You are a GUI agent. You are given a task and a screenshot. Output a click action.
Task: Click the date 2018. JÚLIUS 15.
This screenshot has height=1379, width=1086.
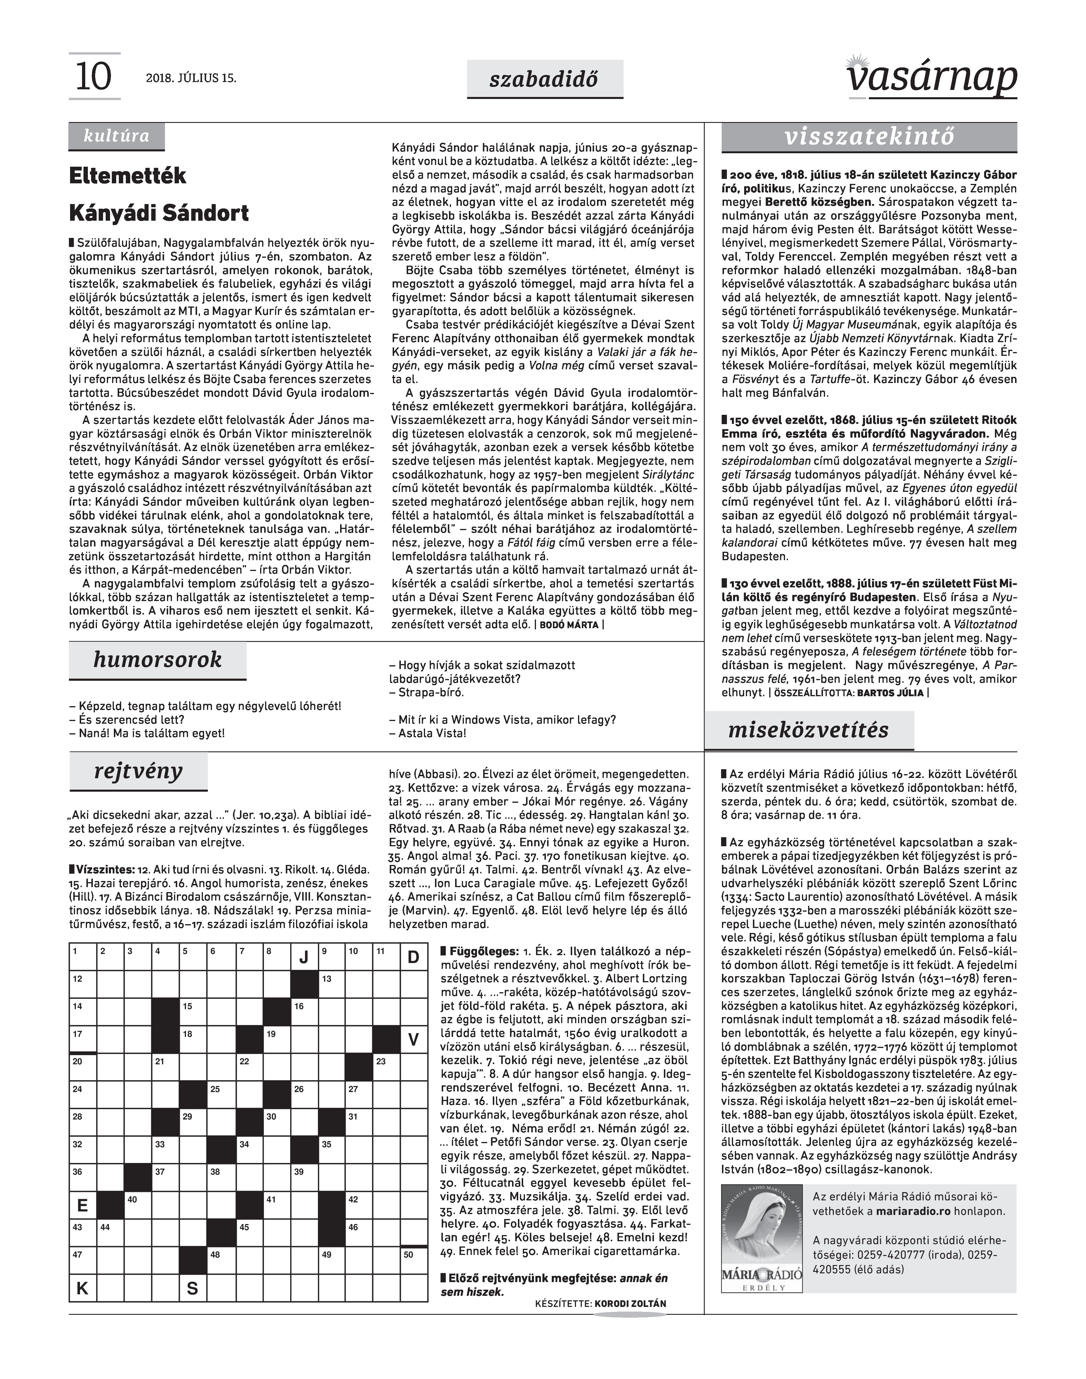tap(191, 78)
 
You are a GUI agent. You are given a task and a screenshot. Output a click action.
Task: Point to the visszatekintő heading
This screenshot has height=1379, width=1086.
tap(869, 137)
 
